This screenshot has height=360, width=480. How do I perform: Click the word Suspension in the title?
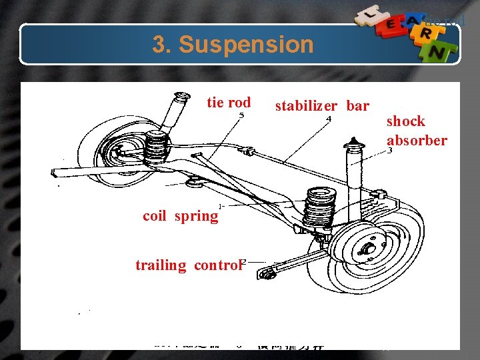pos(246,45)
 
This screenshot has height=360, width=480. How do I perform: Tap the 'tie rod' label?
pos(229,103)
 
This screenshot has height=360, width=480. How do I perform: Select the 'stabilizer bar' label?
pos(322,105)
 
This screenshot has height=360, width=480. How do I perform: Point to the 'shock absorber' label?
pos(417,131)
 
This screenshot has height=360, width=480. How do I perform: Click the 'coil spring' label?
pos(180,216)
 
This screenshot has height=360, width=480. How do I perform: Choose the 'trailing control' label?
pos(187,265)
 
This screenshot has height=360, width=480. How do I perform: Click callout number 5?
pos(241,115)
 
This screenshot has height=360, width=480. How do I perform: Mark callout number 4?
pos(328,119)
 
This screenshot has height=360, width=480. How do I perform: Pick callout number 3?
pos(389,151)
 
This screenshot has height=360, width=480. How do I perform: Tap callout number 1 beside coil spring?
pos(220,206)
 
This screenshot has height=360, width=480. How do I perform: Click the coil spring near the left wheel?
pos(155,145)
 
